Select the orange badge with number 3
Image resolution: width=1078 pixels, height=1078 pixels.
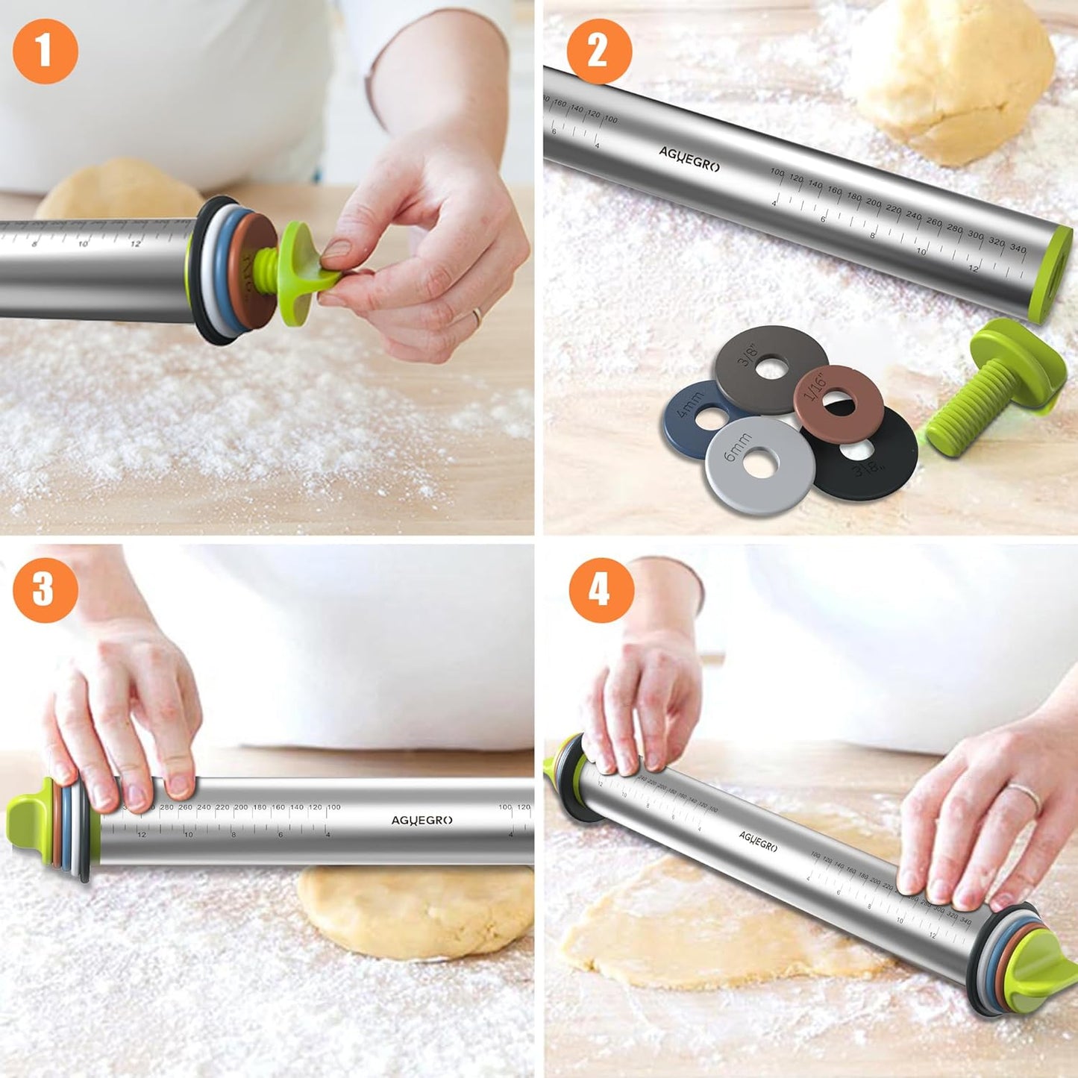pyautogui.click(x=45, y=589)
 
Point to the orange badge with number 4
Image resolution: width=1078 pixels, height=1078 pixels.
pyautogui.click(x=601, y=590)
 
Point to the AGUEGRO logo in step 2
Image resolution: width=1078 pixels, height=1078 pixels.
pyautogui.click(x=689, y=158)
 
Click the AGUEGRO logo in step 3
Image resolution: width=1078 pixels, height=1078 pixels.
pyautogui.click(x=422, y=820)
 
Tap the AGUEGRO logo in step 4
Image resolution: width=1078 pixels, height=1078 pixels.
pyautogui.click(x=758, y=841)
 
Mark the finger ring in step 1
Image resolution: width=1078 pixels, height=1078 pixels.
pyautogui.click(x=476, y=316)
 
